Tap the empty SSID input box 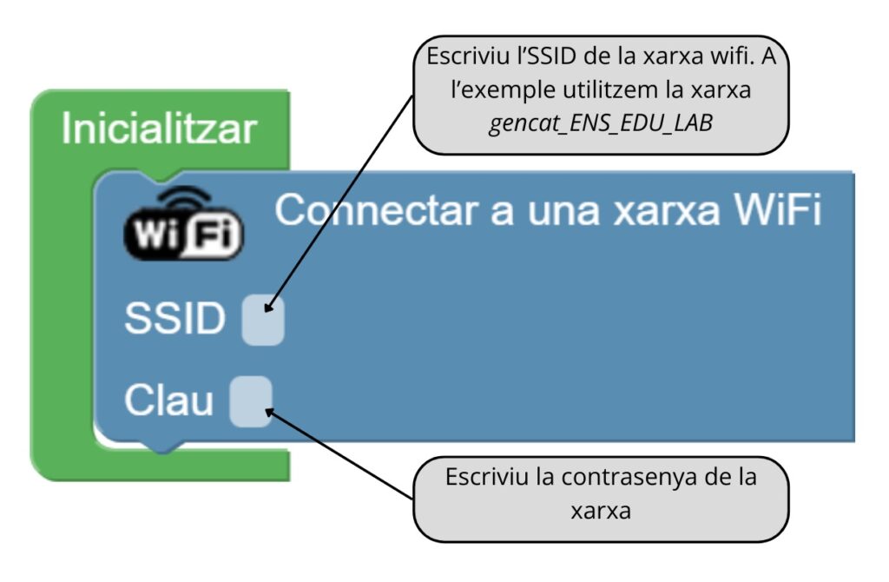(x=262, y=320)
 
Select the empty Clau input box (x=250, y=401)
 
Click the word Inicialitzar (x=160, y=129)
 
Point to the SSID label (x=175, y=320)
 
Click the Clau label (x=168, y=401)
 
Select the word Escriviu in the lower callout (x=480, y=477)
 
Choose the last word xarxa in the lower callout (x=601, y=510)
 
